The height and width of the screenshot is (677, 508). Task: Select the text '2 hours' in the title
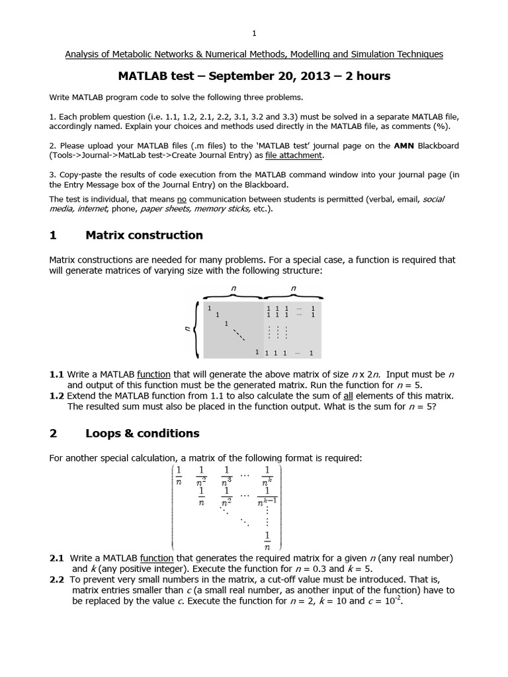(368, 76)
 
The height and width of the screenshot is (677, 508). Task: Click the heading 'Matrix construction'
(144, 235)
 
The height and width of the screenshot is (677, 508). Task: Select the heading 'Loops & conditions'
(142, 434)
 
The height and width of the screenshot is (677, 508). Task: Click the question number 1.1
(57, 374)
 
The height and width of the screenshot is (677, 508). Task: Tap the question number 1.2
(57, 395)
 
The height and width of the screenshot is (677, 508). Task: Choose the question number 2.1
(57, 559)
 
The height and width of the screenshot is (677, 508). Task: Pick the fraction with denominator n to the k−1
(267, 498)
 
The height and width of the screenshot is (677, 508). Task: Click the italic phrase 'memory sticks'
(227, 209)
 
